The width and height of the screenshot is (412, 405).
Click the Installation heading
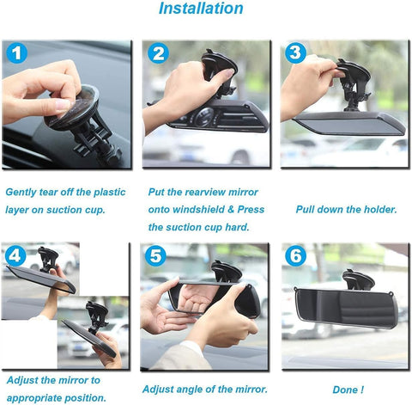click(201, 10)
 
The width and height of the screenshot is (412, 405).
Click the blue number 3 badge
click(296, 53)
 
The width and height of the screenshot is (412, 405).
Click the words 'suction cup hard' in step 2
click(199, 227)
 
